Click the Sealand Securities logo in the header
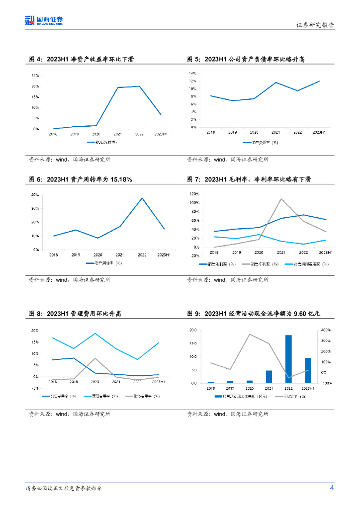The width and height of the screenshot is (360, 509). [x=44, y=20]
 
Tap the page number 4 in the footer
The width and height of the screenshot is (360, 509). [x=332, y=488]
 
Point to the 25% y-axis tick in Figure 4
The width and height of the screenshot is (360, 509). [x=35, y=76]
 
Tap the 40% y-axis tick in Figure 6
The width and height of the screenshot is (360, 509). [x=35, y=195]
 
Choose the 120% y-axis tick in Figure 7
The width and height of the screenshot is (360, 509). [x=193, y=194]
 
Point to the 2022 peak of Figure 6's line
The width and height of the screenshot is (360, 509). [x=142, y=198]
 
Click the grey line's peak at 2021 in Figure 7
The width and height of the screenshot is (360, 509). [x=281, y=199]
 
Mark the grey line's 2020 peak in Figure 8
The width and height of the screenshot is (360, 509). [x=95, y=358]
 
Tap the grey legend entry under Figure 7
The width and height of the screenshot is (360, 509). [x=262, y=264]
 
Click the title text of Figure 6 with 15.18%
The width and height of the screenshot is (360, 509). [x=83, y=179]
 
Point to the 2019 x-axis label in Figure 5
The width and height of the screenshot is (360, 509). [x=232, y=132]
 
